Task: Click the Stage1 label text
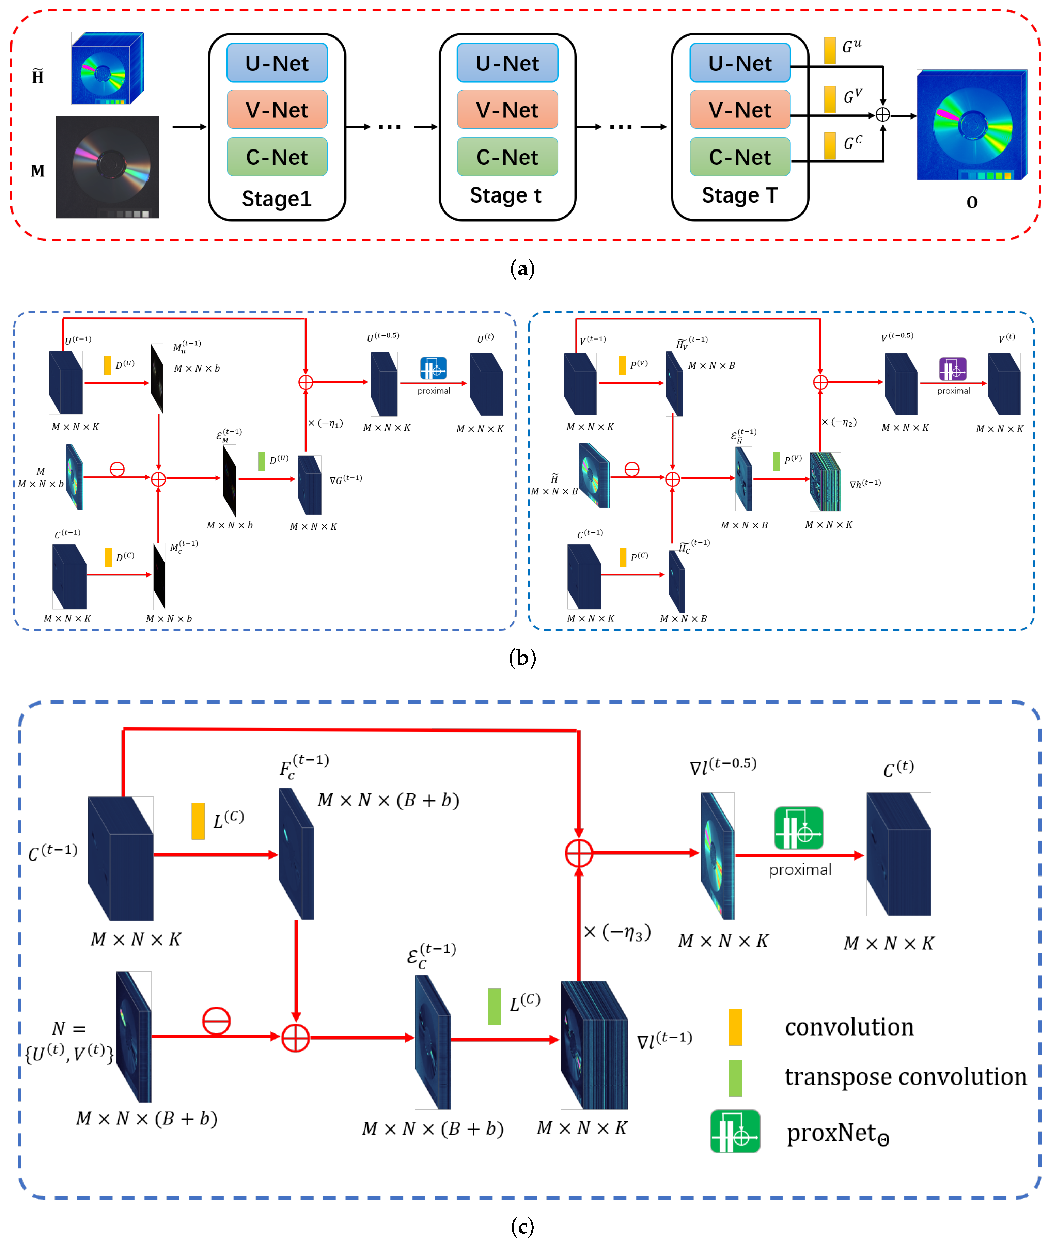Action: click(x=277, y=199)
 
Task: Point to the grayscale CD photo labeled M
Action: click(x=108, y=167)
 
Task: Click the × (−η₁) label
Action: click(x=325, y=423)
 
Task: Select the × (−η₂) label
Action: click(x=839, y=422)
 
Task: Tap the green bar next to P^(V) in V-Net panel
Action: click(x=776, y=461)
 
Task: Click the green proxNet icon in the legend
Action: click(x=735, y=1131)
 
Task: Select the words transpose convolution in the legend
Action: click(x=905, y=1077)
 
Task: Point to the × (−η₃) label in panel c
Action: click(x=617, y=932)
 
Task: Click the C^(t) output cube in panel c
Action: click(x=898, y=854)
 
